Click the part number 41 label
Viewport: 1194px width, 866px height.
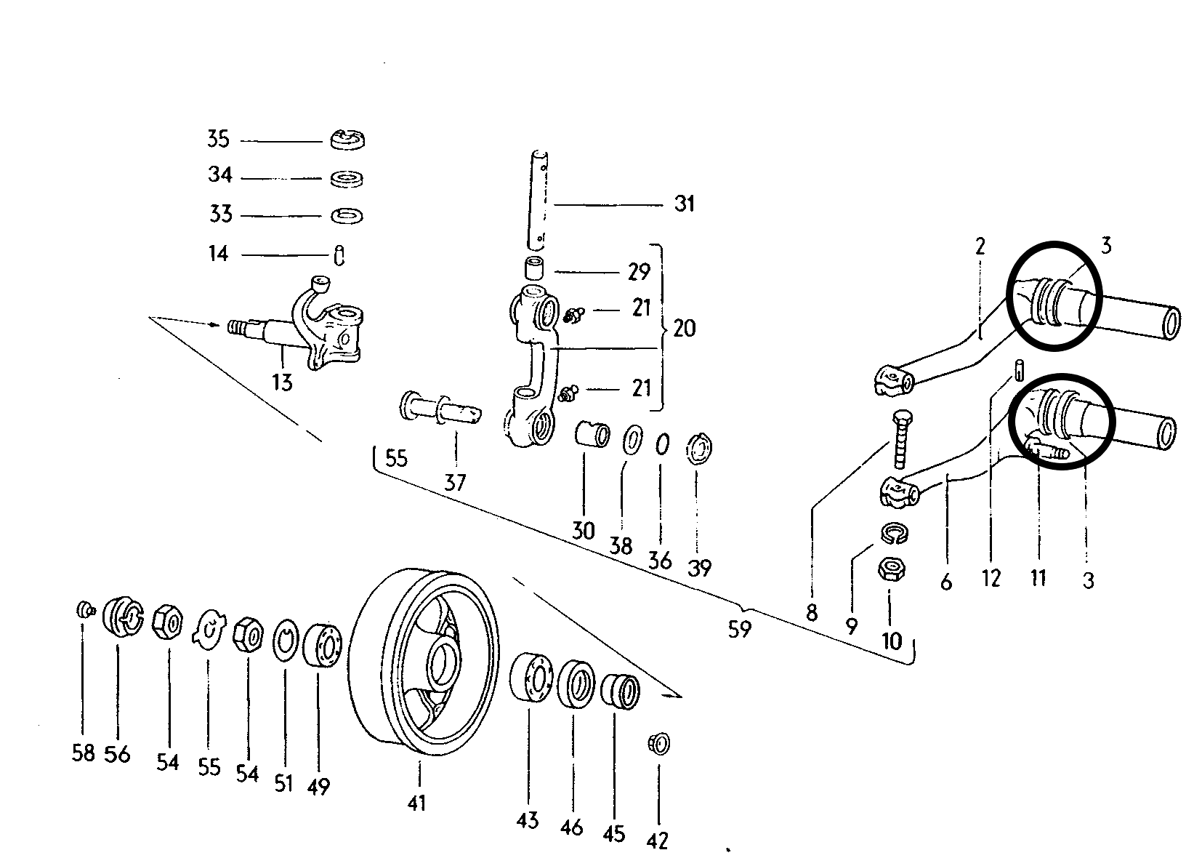[x=417, y=803]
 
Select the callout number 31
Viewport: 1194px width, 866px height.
[x=685, y=204]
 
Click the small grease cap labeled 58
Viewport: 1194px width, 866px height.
[x=84, y=609]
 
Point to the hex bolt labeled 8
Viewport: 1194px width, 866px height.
[x=901, y=439]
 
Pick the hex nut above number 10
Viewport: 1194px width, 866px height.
[x=892, y=569]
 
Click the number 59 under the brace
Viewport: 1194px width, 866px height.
[x=740, y=629]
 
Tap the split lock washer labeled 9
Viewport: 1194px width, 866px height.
[x=894, y=534]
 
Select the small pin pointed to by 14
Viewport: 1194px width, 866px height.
[x=339, y=255]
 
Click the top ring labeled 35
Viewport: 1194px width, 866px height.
[x=347, y=140]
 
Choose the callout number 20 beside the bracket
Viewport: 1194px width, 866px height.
[x=685, y=328]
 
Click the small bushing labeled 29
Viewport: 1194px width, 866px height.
[x=534, y=268]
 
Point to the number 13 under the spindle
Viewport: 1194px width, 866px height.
[x=282, y=382]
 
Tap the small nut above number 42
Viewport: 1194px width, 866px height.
[x=659, y=743]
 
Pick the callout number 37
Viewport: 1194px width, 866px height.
[x=455, y=483]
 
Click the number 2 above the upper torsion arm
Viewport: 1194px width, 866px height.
[x=980, y=246]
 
